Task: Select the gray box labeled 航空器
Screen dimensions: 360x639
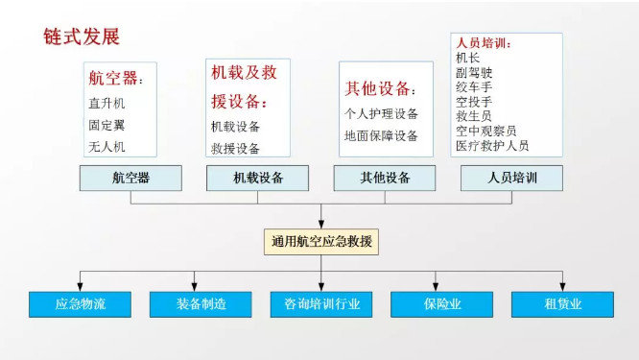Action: pyautogui.click(x=131, y=178)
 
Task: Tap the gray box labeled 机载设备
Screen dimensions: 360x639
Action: pyautogui.click(x=258, y=178)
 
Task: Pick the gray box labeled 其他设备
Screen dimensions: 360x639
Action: pyautogui.click(x=385, y=178)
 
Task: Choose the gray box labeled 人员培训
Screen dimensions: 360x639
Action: pyautogui.click(x=511, y=178)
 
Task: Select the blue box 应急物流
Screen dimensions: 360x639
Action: pyautogui.click(x=80, y=304)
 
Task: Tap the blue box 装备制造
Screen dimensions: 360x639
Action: pyautogui.click(x=201, y=304)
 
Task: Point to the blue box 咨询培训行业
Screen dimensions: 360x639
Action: pyautogui.click(x=321, y=304)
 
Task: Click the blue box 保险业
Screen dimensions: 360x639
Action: pyautogui.click(x=441, y=304)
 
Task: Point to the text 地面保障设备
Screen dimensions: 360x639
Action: pyautogui.click(x=381, y=136)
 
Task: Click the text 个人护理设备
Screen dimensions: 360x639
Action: pyautogui.click(x=381, y=113)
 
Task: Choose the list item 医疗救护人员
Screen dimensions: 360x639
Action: pyautogui.click(x=492, y=146)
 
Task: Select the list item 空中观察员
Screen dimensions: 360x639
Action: pyautogui.click(x=486, y=131)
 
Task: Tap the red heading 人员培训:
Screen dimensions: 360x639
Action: pyautogui.click(x=485, y=44)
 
